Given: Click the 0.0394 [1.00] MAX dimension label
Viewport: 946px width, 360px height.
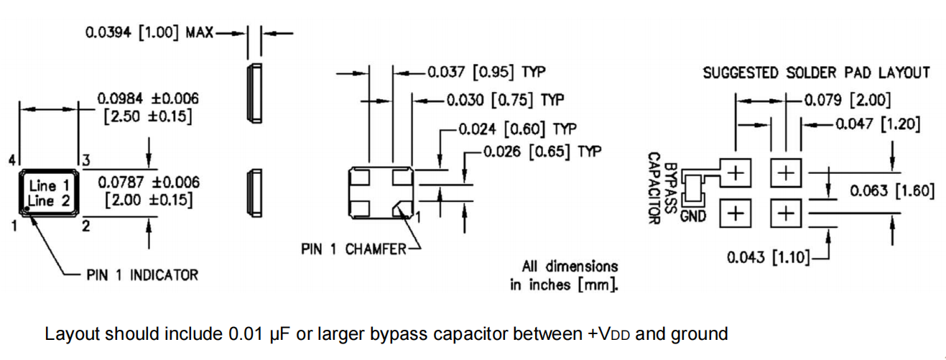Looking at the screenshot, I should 149,33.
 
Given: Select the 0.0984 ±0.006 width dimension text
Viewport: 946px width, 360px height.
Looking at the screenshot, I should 148,98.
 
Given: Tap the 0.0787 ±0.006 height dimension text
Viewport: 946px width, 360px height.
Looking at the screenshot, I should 149,183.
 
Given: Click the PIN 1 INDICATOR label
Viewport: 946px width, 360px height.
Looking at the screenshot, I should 142,274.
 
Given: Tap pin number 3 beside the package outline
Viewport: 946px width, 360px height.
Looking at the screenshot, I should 85,160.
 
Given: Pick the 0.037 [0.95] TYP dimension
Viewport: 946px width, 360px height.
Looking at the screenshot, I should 486,72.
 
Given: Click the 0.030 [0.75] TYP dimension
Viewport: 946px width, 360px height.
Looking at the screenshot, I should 505,99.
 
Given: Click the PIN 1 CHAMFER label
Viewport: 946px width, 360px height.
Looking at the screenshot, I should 353,249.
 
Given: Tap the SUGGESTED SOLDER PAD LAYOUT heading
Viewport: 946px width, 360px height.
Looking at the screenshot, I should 816,73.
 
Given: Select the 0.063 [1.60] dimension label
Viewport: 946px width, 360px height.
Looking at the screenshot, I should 891,191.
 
